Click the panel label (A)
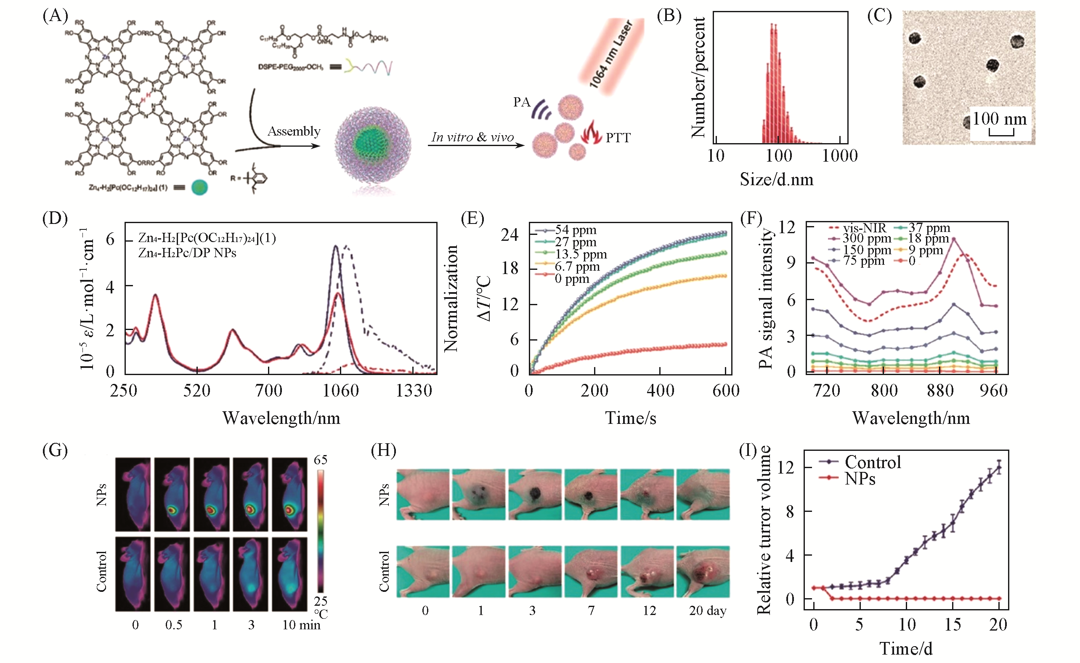[x=55, y=16]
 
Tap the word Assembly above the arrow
[x=294, y=131]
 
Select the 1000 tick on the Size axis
[x=839, y=156]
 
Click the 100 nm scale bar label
[x=999, y=119]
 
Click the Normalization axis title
[x=451, y=298]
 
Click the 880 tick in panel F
[x=940, y=390]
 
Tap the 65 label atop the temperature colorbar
[x=321, y=460]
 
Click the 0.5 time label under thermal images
[x=174, y=625]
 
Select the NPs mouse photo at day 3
[x=535, y=495]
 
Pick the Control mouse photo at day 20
[x=703, y=571]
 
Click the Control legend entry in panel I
[x=872, y=462]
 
